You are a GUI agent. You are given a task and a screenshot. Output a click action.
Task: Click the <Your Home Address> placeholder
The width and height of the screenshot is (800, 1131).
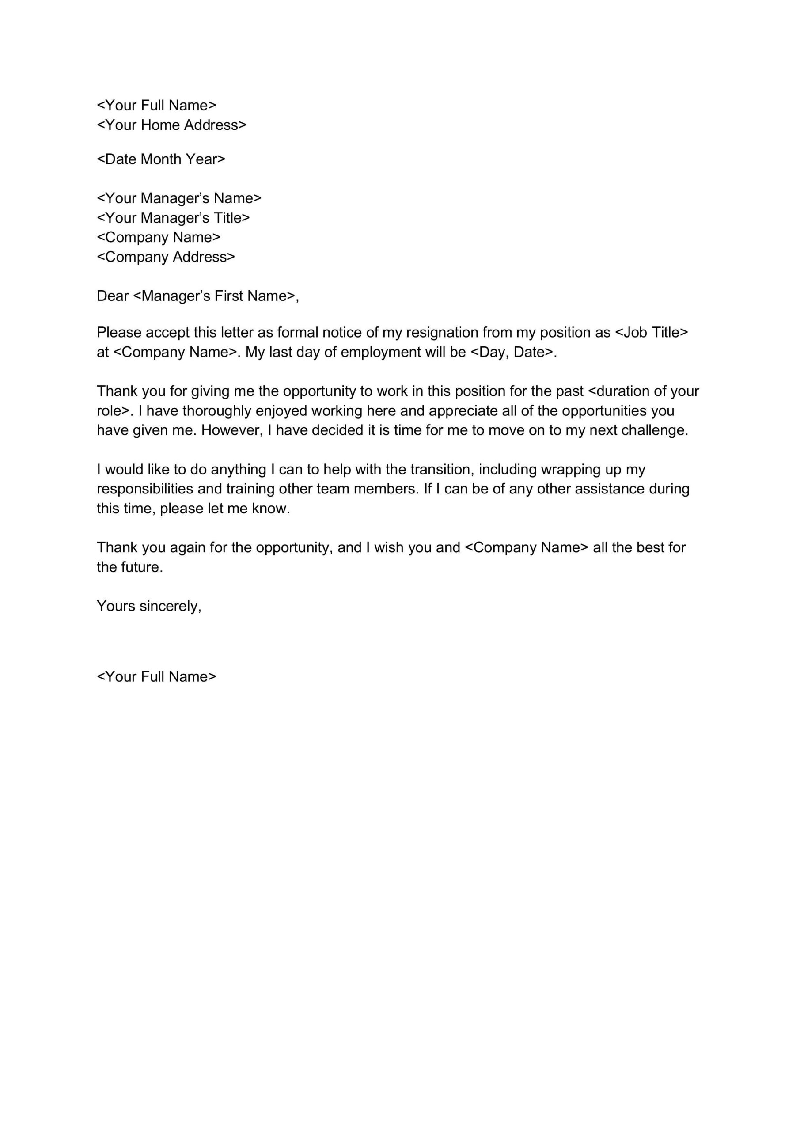(171, 125)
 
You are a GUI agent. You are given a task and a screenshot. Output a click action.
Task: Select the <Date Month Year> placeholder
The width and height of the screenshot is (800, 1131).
(161, 159)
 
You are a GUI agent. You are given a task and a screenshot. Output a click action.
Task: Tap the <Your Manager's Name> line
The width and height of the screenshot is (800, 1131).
(179, 198)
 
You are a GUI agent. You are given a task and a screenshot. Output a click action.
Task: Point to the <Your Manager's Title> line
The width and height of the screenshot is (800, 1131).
(174, 218)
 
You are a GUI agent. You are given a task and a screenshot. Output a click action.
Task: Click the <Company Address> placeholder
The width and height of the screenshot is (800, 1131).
(166, 257)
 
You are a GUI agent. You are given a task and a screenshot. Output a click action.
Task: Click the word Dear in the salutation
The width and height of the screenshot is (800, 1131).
(113, 296)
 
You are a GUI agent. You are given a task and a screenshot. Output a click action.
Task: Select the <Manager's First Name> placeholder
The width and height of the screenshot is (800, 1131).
(214, 296)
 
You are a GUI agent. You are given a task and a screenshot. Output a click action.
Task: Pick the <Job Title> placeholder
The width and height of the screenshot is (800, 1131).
(651, 333)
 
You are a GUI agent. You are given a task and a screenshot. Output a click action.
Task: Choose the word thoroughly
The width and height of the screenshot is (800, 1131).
(217, 411)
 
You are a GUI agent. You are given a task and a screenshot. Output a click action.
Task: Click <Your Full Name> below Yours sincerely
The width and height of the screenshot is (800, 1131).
(157, 676)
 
